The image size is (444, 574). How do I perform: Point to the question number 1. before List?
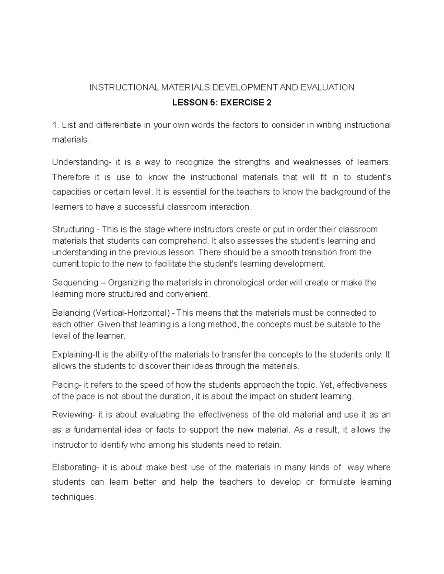(55, 125)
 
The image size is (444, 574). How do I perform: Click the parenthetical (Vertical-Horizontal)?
(132, 313)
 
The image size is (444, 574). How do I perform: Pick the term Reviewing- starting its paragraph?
(73, 415)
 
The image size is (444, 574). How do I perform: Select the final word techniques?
(73, 497)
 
